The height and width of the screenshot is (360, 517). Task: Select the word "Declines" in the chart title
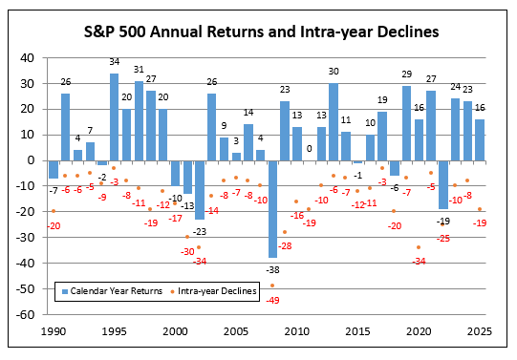[x=400, y=32]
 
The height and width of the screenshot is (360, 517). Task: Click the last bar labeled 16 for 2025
[x=479, y=139]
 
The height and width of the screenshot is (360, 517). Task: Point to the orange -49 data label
[x=273, y=300]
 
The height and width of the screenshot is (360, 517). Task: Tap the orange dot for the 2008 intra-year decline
[x=273, y=286]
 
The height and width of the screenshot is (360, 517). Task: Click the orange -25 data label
[x=443, y=238]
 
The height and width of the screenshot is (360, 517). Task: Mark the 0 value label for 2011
[x=309, y=148]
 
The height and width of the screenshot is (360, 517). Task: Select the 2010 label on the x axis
[x=296, y=330]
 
